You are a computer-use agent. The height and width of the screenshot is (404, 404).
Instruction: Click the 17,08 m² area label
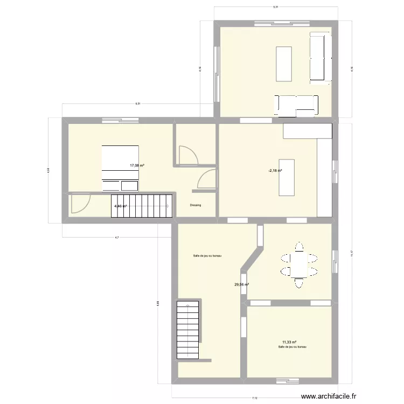pos(136,166)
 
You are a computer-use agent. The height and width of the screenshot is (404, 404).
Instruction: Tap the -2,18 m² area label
pos(276,171)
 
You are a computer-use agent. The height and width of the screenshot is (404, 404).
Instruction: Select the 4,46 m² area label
pos(120,206)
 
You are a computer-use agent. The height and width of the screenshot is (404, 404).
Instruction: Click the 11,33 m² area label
pos(289,342)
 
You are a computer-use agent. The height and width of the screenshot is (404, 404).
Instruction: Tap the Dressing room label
pos(196,205)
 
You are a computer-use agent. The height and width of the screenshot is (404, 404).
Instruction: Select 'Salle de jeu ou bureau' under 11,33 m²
pos(292,347)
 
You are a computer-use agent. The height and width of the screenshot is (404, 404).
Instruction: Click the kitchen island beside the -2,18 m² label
pos(287,177)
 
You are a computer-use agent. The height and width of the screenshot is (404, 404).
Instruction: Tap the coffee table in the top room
pos(284,64)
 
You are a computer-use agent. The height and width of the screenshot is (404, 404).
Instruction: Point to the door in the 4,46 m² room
pos(80,204)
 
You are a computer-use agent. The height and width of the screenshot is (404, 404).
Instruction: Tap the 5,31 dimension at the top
pos(275,7)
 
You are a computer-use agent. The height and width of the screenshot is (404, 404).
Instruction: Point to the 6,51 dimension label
pos(138,103)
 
